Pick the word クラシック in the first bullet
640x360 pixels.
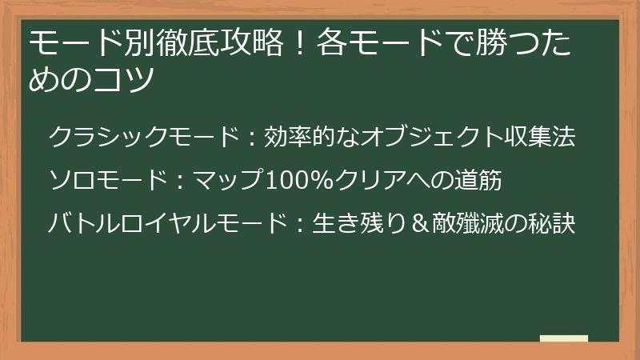point(109,137)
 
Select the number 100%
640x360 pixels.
point(301,181)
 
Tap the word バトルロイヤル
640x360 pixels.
point(134,225)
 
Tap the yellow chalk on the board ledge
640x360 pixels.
point(563,338)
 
